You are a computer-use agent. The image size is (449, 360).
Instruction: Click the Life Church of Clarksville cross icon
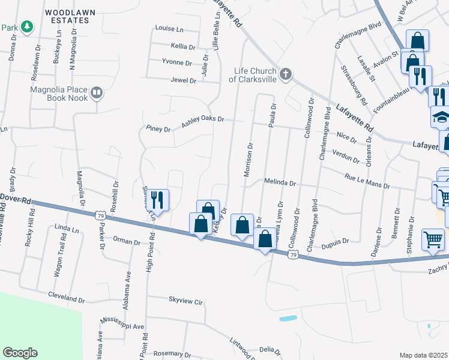click(x=286, y=74)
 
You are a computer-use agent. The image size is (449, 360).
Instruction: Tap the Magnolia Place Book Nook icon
click(x=96, y=93)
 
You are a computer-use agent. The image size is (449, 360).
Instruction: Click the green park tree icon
click(x=26, y=26)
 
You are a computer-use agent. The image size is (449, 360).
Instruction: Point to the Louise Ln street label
click(x=169, y=28)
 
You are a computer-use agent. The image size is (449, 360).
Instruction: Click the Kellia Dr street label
click(x=183, y=46)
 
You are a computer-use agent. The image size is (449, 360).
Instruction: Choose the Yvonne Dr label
click(x=176, y=62)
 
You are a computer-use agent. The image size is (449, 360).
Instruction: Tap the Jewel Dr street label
click(x=183, y=80)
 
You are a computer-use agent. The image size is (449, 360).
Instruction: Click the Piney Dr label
click(x=158, y=129)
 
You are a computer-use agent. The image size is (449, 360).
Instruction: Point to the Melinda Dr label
click(x=280, y=182)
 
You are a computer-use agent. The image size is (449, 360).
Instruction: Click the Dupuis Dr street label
click(x=334, y=241)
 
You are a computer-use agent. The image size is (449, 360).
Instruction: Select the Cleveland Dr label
click(x=66, y=298)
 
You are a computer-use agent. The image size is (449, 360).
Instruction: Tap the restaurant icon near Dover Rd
click(x=159, y=199)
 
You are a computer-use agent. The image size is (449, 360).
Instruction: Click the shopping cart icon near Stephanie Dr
click(x=433, y=239)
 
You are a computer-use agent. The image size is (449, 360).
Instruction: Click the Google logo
click(x=20, y=353)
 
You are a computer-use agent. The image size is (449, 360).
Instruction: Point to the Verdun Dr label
click(x=345, y=157)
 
